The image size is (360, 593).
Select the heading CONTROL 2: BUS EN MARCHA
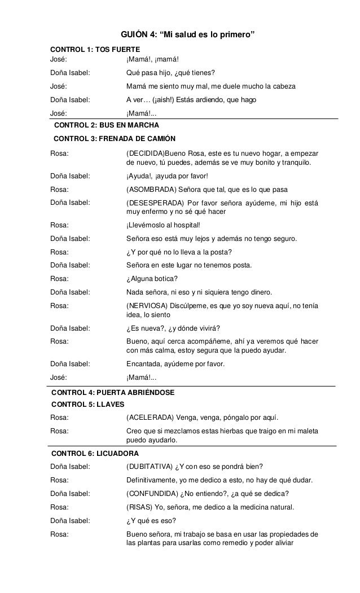(x=106, y=125)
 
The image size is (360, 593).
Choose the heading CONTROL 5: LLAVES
(x=87, y=405)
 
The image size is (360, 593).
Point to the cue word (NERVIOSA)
(x=144, y=306)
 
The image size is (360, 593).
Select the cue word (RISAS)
(x=138, y=507)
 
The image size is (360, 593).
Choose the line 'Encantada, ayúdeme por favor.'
(x=175, y=364)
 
